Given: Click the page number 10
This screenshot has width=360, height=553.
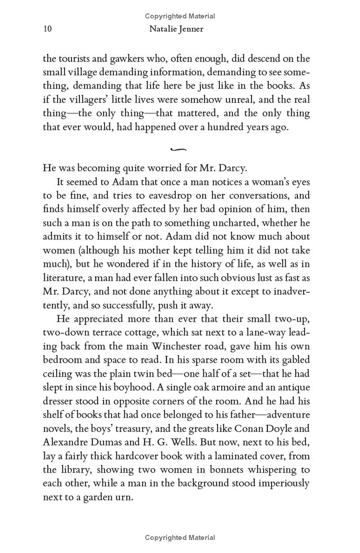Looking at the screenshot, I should [x=48, y=29].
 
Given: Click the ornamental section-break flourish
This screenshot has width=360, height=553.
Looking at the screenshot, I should [x=179, y=149].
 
